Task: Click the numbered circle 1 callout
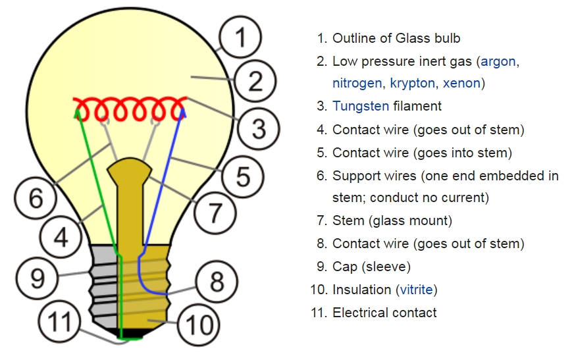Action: [240, 38]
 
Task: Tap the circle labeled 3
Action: [259, 128]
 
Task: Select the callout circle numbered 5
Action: [243, 176]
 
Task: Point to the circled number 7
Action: [215, 212]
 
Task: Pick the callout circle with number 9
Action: [38, 278]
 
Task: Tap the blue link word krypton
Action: [412, 84]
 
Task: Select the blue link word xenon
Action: [461, 84]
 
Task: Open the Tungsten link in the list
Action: [361, 106]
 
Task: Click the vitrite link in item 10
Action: [416, 290]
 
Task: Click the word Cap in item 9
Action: [344, 267]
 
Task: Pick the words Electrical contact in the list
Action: [384, 313]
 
